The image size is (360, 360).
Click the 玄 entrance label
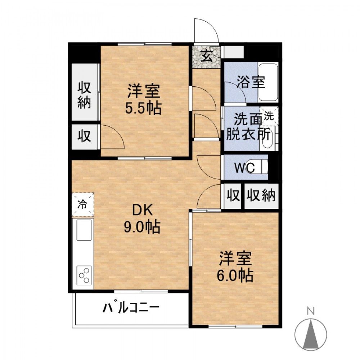[207, 56]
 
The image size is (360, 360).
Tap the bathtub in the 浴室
[268, 82]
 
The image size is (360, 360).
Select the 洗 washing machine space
[269, 116]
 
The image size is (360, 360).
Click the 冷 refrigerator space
[83, 204]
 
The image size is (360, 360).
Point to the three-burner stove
[84, 275]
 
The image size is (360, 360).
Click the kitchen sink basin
[84, 230]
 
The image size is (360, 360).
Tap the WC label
[244, 168]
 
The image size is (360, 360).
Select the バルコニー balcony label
[131, 308]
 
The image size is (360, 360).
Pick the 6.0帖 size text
[235, 275]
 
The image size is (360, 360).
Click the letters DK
[143, 210]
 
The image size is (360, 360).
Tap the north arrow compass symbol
[311, 335]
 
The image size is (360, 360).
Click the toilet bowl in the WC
[261, 167]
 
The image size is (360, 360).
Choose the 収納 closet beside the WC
[261, 196]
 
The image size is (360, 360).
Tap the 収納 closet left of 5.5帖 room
[85, 92]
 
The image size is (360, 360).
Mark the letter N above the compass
[311, 311]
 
